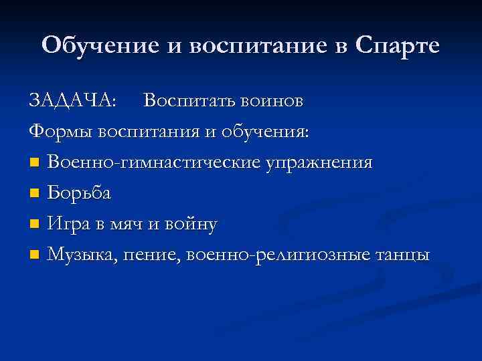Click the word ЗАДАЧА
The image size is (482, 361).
click(72, 100)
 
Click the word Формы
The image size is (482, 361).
click(62, 131)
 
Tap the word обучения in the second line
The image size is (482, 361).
click(268, 131)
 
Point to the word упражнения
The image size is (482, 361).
click(319, 162)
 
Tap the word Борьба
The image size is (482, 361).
click(80, 193)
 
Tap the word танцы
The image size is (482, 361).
click(403, 255)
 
